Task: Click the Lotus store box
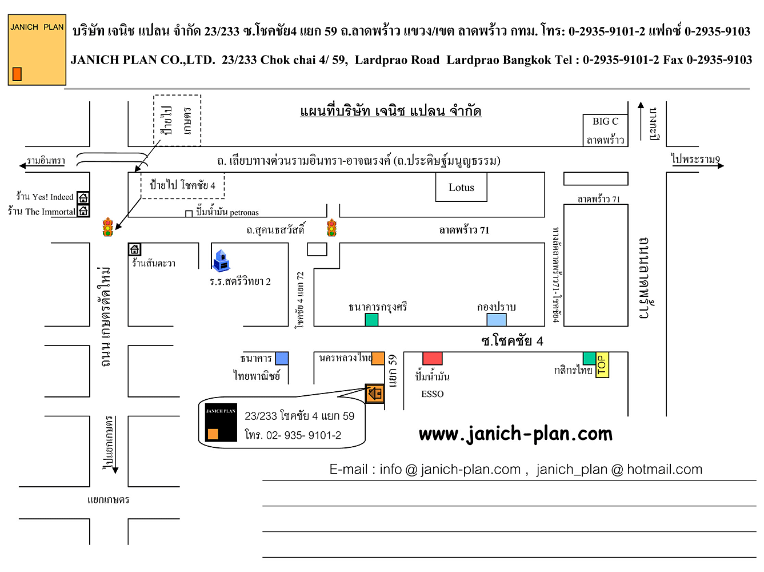461,188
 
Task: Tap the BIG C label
605,121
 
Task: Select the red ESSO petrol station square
432,358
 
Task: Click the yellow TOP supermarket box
602,365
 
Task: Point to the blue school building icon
221,260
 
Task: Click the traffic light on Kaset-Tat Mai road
107,227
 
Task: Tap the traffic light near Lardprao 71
331,228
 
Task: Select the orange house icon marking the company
374,394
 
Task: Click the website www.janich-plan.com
515,434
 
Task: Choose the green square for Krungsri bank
371,319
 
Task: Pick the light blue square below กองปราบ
496,319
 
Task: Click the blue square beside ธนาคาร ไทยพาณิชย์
282,358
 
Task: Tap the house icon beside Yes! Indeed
83,198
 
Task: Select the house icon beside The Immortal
83,211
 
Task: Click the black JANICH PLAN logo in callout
221,423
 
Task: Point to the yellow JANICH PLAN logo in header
37,50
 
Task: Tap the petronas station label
227,213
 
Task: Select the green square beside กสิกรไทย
589,358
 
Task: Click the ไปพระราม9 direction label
695,160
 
